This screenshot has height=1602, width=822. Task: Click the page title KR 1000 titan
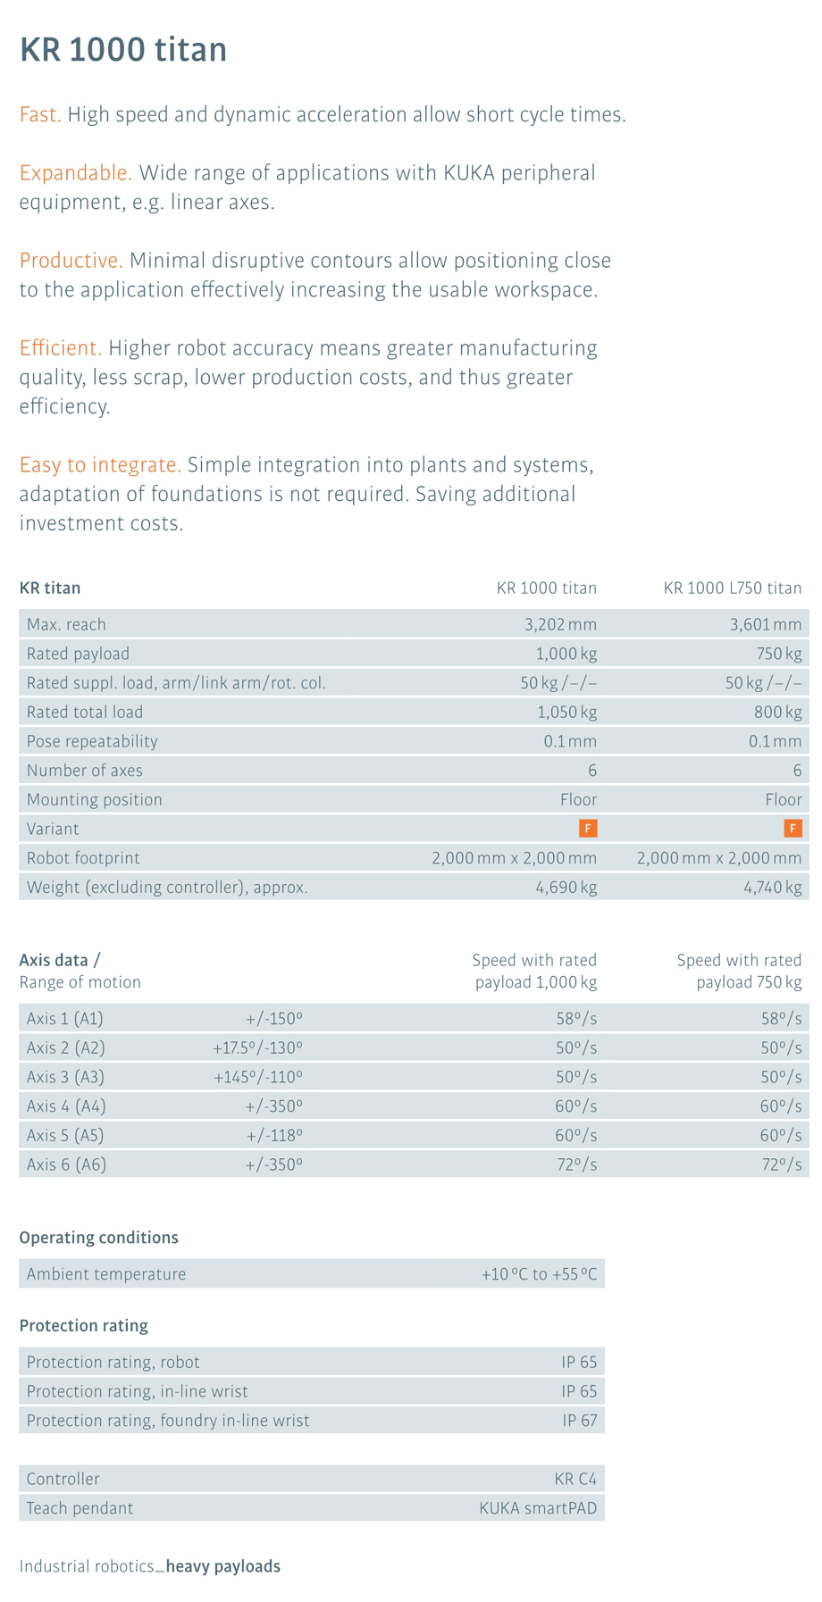[123, 49]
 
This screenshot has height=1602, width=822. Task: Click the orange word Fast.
[40, 115]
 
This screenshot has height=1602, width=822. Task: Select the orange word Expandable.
[75, 172]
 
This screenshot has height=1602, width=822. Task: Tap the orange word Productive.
[71, 261]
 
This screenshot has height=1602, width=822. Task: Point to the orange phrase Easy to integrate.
[100, 465]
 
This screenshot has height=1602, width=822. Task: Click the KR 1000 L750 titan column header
[732, 588]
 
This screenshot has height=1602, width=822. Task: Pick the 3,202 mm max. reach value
[560, 624]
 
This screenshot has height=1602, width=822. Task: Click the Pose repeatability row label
[92, 741]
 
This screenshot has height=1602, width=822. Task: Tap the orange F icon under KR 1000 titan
[588, 829]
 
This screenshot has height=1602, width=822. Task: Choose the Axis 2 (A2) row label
[66, 1047]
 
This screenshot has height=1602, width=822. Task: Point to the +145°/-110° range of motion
[258, 1077]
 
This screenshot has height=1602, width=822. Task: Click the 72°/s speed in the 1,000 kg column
[575, 1164]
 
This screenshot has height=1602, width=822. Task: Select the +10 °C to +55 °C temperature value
[539, 1274]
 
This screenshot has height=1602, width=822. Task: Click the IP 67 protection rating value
[579, 1421]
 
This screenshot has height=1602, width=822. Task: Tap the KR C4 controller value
[575, 1479]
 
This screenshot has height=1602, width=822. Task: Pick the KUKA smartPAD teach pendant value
[538, 1508]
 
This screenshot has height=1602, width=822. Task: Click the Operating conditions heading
[99, 1238]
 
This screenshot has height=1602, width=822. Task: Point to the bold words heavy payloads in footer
[223, 1566]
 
